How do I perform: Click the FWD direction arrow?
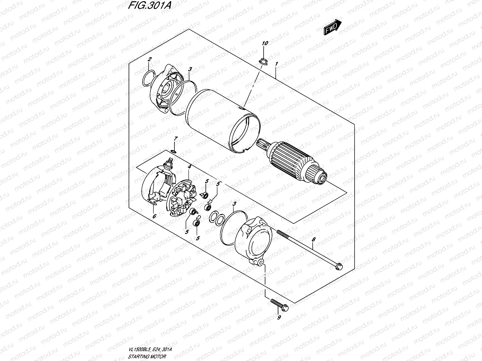[333, 28]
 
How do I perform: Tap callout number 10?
[265, 43]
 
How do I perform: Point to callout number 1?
[276, 64]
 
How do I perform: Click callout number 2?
[149, 59]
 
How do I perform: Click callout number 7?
[176, 138]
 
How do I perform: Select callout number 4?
[189, 166]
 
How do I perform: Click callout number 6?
[154, 216]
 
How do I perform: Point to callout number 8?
[314, 239]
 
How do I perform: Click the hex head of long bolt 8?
[339, 266]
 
